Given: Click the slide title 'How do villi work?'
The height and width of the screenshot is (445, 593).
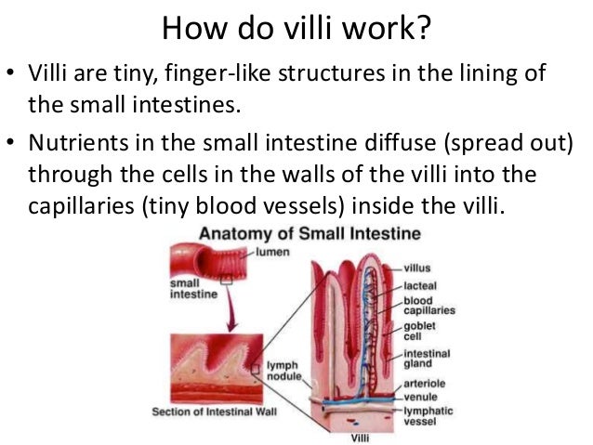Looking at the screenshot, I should click(x=296, y=30).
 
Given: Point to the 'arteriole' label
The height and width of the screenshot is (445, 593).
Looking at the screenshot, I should click(x=424, y=380).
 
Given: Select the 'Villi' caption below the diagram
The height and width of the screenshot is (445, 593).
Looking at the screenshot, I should click(x=357, y=436).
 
